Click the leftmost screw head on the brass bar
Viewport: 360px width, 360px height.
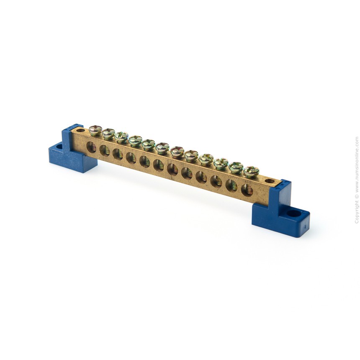pyautogui.click(x=95, y=130)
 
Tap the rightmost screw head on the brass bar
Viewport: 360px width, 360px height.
pyautogui.click(x=252, y=171)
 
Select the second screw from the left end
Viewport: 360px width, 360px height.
pyautogui.click(x=108, y=134)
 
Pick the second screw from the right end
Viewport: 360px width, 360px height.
pyautogui.click(x=236, y=167)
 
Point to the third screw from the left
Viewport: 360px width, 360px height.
pyautogui.click(x=121, y=137)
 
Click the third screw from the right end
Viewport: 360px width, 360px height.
pyautogui.click(x=221, y=163)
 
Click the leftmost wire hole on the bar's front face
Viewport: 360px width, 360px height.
pyautogui.click(x=91, y=147)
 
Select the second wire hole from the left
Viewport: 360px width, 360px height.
pyautogui.click(x=105, y=151)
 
